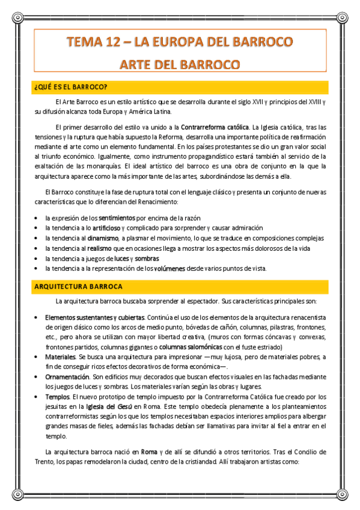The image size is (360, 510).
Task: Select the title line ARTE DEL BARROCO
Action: click(180, 64)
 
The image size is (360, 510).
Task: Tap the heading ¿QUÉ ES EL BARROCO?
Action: click(71, 87)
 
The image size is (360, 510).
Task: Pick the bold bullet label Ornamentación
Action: click(67, 376)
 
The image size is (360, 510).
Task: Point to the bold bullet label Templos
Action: click(58, 397)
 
